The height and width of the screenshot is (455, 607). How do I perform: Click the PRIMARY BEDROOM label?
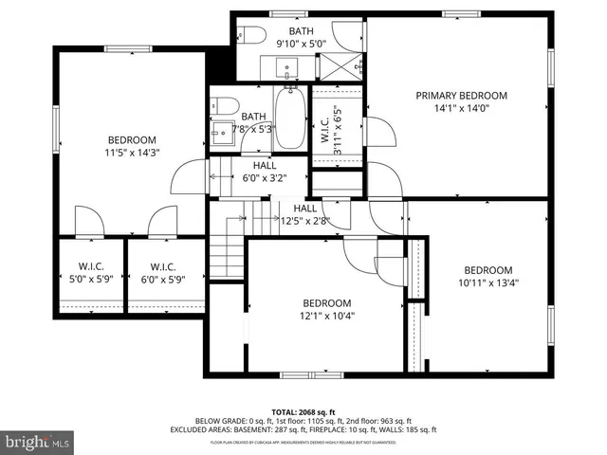[x=462, y=96]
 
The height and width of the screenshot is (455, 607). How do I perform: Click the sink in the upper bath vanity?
[x=287, y=67]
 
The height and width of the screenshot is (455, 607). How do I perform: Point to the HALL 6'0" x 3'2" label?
[x=265, y=171]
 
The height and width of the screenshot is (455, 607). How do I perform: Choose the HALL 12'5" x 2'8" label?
[x=304, y=215]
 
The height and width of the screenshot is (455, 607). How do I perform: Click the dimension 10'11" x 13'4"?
[x=488, y=282]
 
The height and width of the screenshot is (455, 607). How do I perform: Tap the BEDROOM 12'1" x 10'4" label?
[x=326, y=309]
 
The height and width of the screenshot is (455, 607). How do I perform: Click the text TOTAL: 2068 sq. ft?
[x=303, y=412]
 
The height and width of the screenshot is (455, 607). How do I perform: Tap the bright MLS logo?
[x=36, y=442]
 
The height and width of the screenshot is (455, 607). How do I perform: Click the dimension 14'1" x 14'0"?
[x=462, y=108]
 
